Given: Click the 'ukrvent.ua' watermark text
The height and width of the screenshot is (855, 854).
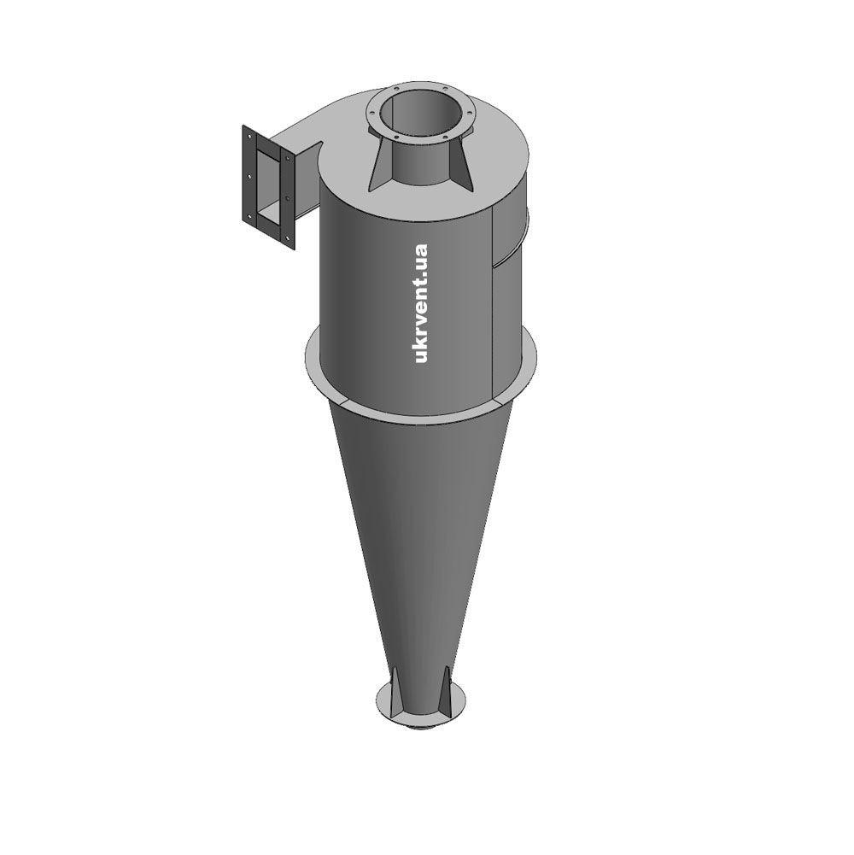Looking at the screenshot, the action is (x=421, y=304).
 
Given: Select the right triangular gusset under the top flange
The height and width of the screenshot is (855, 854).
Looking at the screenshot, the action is (x=462, y=164).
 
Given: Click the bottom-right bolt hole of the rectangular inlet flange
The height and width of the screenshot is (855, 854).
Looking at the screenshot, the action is (x=288, y=236).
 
